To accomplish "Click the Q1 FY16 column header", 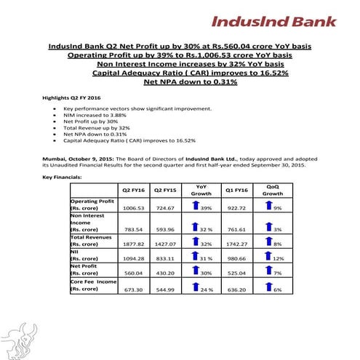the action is click(233, 190).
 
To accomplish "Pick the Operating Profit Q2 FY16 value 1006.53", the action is click(129, 208).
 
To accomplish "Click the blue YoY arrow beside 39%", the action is click(195, 207).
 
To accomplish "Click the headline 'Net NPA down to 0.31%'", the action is click(180, 81).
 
